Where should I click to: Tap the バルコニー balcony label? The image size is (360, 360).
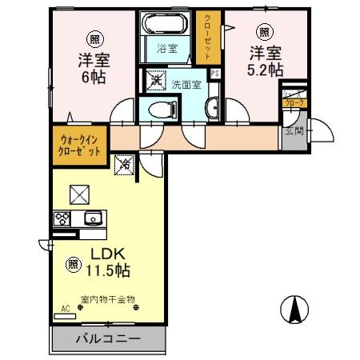click(x=109, y=339)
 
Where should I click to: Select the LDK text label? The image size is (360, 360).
click(x=100, y=250)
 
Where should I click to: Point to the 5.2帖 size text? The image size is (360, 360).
click(x=266, y=70)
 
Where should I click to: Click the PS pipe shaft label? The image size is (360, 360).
click(x=214, y=75)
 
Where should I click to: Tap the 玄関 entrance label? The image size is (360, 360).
click(x=293, y=131)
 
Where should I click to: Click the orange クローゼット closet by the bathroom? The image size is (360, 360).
click(x=207, y=36)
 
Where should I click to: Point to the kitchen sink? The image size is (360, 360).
click(x=91, y=218)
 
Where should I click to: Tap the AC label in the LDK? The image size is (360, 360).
click(x=65, y=307)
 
